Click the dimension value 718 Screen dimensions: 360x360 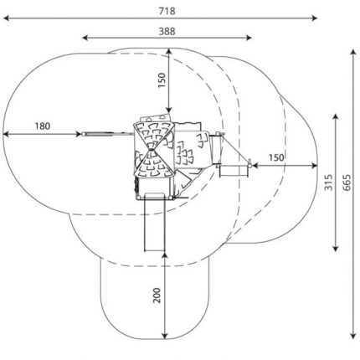167,11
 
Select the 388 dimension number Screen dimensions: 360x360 167,32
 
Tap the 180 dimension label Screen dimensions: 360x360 43,126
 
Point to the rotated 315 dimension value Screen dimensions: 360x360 329,183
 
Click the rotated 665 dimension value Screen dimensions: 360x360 347,183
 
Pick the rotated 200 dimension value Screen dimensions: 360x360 157,296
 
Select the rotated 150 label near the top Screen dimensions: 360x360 162,80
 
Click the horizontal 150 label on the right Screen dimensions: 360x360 276,157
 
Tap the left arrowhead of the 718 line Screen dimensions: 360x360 6,18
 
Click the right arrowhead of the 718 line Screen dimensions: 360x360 314,18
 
